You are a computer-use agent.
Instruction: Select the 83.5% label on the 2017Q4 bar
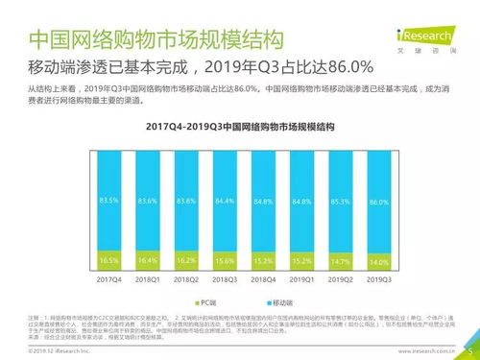click(x=110, y=201)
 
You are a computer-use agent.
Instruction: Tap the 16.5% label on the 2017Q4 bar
click(x=110, y=259)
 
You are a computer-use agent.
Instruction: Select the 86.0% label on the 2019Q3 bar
click(x=379, y=203)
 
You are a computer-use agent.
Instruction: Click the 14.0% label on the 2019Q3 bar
click(x=379, y=262)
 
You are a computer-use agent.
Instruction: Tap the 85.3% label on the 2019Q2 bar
click(x=340, y=202)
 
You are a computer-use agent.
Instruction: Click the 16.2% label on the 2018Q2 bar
click(x=185, y=260)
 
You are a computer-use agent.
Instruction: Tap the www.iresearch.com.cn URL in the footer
click(x=420, y=351)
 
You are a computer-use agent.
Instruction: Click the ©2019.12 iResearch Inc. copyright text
click(x=46, y=351)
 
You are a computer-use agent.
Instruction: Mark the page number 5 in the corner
click(x=470, y=350)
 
